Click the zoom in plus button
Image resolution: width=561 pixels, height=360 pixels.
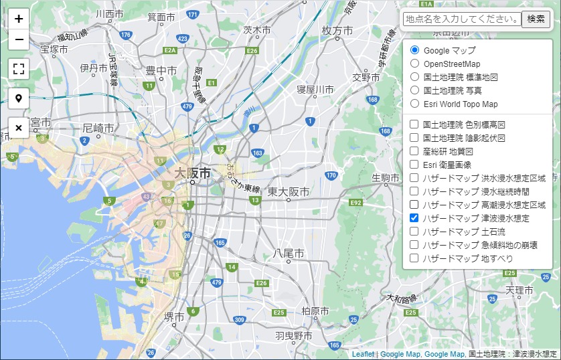click(19, 19)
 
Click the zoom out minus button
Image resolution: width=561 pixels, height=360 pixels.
click(19, 39)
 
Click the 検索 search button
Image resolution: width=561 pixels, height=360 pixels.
click(536, 19)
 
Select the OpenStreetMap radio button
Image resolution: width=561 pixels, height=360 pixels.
click(414, 64)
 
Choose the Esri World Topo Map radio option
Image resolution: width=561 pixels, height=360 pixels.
click(414, 104)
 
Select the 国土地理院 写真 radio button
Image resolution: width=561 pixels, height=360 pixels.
click(414, 90)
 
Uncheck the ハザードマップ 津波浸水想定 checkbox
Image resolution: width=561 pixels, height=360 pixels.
click(414, 218)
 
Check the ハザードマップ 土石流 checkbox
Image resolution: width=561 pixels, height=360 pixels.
click(414, 232)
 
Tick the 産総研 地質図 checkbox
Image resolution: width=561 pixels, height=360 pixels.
click(414, 151)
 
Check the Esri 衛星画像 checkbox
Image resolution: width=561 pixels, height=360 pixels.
click(414, 165)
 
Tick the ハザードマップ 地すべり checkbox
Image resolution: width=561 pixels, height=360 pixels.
click(414, 258)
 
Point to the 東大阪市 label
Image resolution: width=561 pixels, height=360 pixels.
click(289, 192)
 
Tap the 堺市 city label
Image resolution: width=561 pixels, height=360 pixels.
click(175, 317)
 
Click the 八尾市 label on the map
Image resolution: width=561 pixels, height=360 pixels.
click(289, 254)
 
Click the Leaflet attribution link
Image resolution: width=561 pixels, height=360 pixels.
click(363, 354)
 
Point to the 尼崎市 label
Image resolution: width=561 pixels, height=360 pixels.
click(98, 127)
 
